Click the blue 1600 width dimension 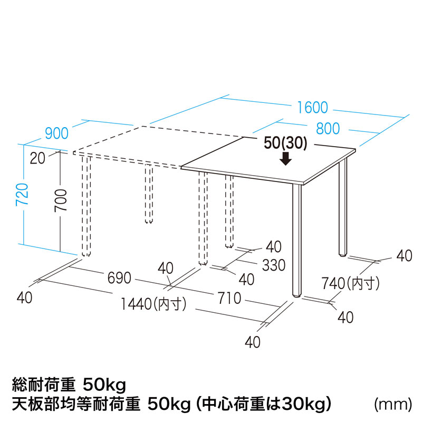312,108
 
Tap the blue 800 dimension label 328,128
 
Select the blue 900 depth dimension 57,133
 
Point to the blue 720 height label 22,195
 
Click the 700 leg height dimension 61,200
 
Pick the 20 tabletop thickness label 37,158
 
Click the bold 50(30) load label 285,143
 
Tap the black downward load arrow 285,158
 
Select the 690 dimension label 119,278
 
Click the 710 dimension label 229,298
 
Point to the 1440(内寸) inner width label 154,304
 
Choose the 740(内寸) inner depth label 351,283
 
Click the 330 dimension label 274,265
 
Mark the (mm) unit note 393,404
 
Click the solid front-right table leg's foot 297,295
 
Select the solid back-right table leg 343,207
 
